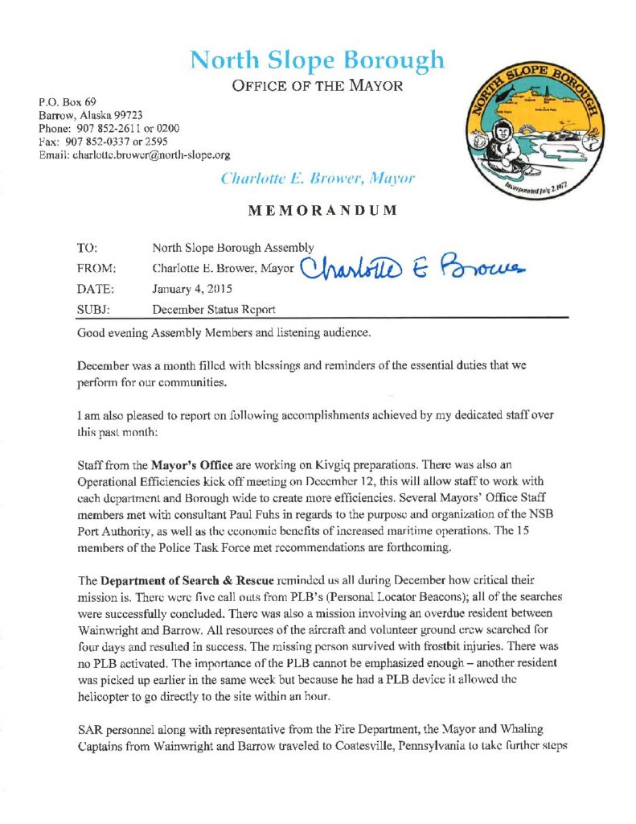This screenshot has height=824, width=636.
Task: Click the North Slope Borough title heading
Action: coord(317,60)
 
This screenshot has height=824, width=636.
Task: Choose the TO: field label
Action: coord(87,249)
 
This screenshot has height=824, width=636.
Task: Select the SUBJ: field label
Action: coord(91,307)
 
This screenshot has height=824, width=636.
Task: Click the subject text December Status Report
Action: coord(212,307)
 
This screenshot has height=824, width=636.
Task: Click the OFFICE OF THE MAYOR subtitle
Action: coord(317,85)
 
